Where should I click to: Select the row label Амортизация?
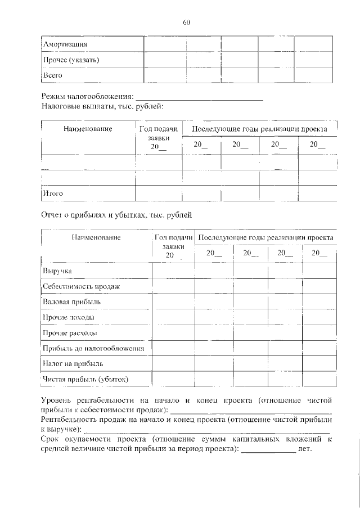point(66,43)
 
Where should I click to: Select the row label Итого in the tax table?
point(53,193)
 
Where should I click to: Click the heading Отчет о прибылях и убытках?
point(117,214)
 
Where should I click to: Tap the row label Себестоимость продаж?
point(82,287)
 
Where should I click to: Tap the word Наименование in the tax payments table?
point(88,129)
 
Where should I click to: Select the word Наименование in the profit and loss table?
point(96,238)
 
